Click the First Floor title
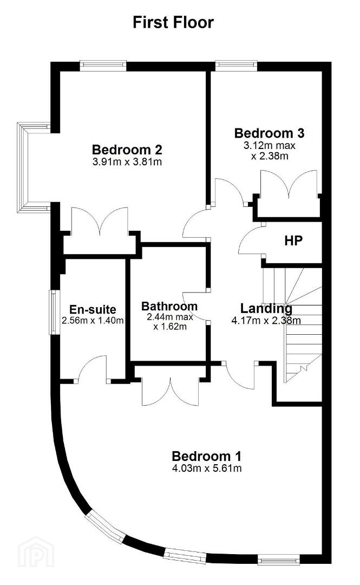coord(173,22)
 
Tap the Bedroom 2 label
coord(127,149)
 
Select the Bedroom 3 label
coord(269,133)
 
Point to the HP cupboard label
coord(293,240)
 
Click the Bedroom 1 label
coord(206,456)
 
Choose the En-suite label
coord(93,309)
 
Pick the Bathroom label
coord(169,306)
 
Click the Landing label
coord(266,309)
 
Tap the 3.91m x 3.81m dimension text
coord(127,162)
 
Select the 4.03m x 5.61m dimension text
coord(206,468)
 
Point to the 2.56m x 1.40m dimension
coord(93,320)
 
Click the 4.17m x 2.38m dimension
coord(266,320)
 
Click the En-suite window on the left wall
coord(55,313)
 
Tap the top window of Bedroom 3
coord(236,66)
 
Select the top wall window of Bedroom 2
coord(103,66)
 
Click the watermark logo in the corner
coord(36,552)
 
